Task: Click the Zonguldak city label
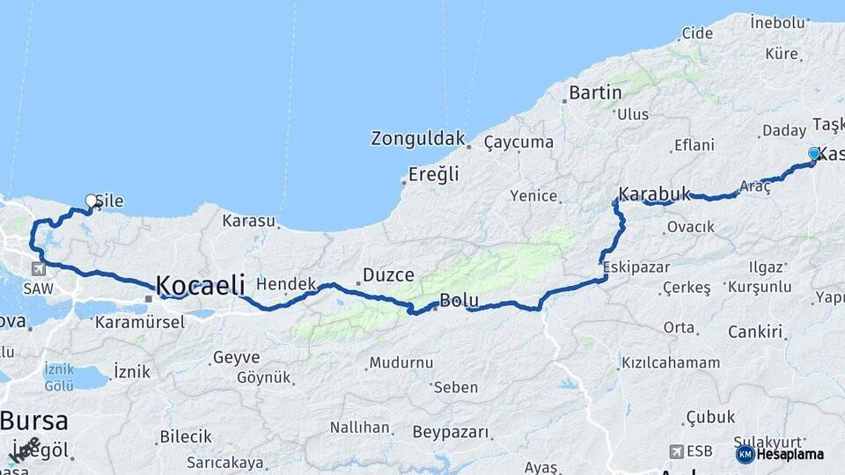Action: (x=417, y=138)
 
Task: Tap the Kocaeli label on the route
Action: (x=200, y=285)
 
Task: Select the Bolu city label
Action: (x=459, y=300)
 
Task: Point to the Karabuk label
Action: (x=654, y=194)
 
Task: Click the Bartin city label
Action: (x=595, y=91)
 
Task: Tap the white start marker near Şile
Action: (x=91, y=201)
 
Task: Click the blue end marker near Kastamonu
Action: (x=814, y=154)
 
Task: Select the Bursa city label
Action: (x=34, y=420)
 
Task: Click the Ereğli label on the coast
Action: (x=434, y=174)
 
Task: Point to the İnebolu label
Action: (x=777, y=21)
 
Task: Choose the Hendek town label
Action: (x=286, y=284)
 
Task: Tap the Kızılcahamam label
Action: (x=670, y=362)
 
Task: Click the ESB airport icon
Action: (x=675, y=451)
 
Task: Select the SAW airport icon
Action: (x=38, y=269)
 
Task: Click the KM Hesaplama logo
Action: (x=780, y=454)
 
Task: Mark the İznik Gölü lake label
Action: (x=59, y=376)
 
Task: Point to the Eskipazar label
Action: (x=636, y=267)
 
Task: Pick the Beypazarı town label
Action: (x=450, y=432)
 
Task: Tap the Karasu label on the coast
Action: (x=248, y=221)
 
